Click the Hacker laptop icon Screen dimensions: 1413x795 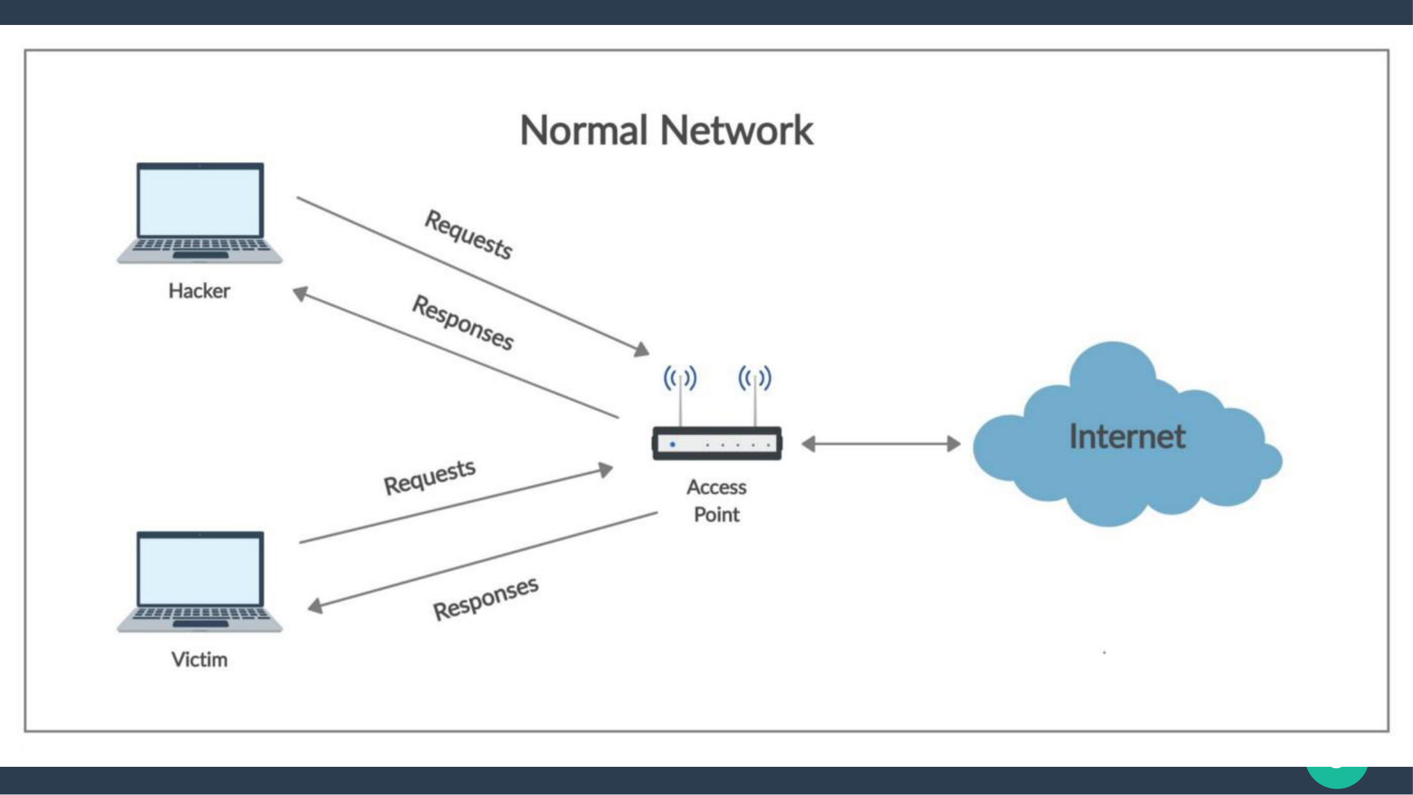click(199, 213)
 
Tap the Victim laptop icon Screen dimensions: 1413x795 click(199, 582)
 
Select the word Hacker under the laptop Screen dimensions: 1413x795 click(199, 291)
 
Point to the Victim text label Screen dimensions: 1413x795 click(199, 659)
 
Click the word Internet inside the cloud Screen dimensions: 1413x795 click(1127, 436)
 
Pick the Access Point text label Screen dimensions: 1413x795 click(716, 501)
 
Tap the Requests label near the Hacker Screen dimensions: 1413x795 click(468, 234)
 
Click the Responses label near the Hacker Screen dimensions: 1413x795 click(463, 323)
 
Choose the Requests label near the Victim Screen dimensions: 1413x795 click(429, 477)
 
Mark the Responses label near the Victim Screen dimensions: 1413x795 click(486, 598)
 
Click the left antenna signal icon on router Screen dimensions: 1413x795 click(680, 377)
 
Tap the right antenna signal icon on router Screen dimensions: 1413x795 click(755, 377)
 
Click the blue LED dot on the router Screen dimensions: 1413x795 click(672, 444)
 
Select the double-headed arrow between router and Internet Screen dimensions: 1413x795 click(881, 443)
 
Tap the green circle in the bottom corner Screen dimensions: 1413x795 click(1337, 776)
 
